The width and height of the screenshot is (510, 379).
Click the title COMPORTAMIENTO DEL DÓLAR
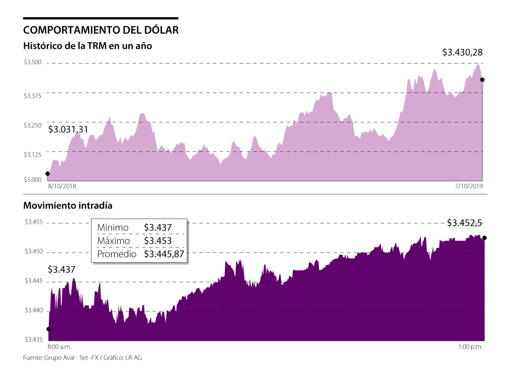pos(101,30)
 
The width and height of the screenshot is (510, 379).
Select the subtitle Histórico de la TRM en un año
pos(88,45)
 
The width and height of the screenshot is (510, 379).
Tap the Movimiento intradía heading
pos(68,206)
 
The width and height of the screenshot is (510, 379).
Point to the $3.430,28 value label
pos(462,53)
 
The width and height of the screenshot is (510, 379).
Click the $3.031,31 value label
pos(68,129)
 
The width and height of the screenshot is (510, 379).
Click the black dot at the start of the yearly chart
pos(47,174)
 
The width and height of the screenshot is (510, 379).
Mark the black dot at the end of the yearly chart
pos(482,79)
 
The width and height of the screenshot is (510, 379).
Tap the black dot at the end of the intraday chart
pos(485,238)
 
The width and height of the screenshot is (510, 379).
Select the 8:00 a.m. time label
pos(61,347)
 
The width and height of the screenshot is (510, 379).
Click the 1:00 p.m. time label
pos(470,347)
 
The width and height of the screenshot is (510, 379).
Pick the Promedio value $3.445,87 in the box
pos(164,254)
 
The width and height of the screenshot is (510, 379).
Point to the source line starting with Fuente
pos(82,358)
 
